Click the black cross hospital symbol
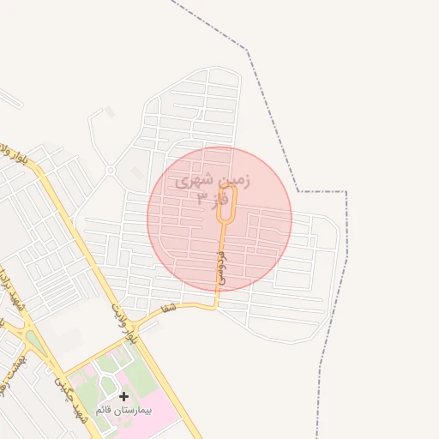pyautogui.click(x=124, y=396)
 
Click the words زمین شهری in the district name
pyautogui.click(x=213, y=182)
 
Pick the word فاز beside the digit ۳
pyautogui.click(x=221, y=200)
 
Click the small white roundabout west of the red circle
pyautogui.click(x=111, y=171)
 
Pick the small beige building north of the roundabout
pyautogui.click(x=109, y=111)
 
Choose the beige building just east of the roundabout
pyautogui.click(x=136, y=174)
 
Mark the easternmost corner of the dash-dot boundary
pyautogui.click(x=346, y=192)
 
